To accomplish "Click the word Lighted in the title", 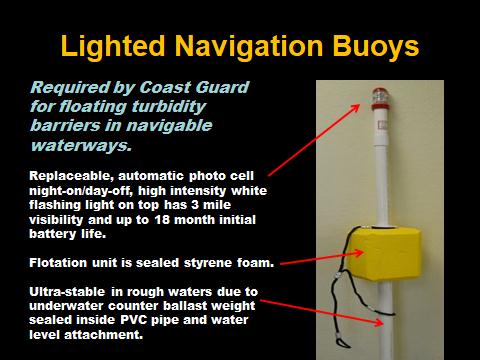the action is point(113,46).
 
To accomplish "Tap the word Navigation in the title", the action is point(249,46).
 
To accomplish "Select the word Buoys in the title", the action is point(376,46).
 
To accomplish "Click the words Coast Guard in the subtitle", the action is point(194,87).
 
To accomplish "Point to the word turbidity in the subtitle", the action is point(169,107).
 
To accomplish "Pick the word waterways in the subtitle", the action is point(81,146).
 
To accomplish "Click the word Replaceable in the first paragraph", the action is point(72,176).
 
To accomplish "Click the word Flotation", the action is point(58,263).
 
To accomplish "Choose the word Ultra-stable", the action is point(67,292).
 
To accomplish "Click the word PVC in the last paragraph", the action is point(134,320).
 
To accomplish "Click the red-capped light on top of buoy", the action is point(380,99).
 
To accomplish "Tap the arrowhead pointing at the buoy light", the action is point(356,108).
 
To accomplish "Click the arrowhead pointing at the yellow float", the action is point(359,252).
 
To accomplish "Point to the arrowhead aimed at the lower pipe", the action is point(379,322).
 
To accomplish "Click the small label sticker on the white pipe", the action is point(382,125).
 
